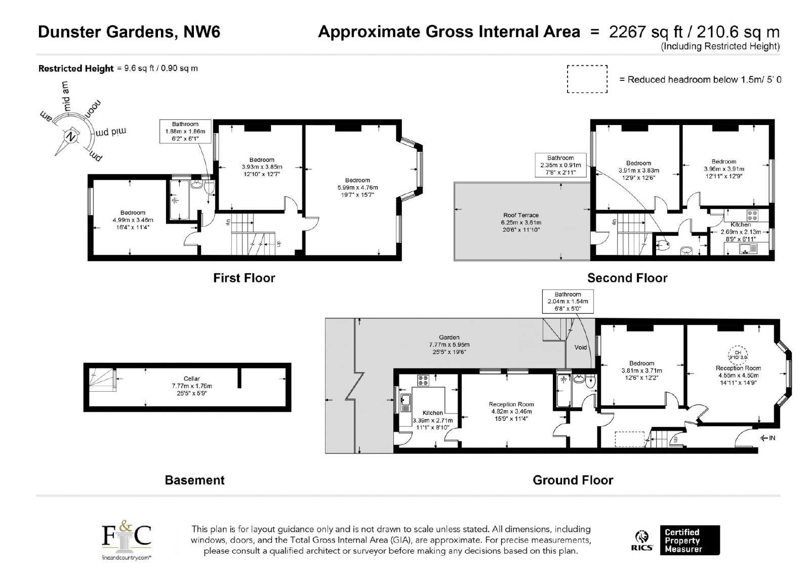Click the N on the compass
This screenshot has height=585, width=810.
click(x=70, y=137)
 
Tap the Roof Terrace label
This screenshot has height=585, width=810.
click(x=521, y=215)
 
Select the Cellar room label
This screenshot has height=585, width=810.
click(x=192, y=379)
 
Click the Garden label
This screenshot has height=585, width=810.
click(x=449, y=338)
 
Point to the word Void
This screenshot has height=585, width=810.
click(x=580, y=348)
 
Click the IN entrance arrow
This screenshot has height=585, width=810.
click(x=768, y=438)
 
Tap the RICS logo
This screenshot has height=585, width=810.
click(x=642, y=541)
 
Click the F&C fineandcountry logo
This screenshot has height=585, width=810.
click(x=126, y=540)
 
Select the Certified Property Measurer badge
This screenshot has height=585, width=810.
click(x=690, y=540)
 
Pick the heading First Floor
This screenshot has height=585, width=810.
click(x=244, y=278)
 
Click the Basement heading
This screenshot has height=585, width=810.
click(x=194, y=480)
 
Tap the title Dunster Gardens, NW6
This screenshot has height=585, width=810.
click(x=129, y=32)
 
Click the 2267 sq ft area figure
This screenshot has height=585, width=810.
click(x=645, y=32)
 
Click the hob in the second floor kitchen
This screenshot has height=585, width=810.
click(x=752, y=216)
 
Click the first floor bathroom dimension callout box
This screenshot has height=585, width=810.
click(x=185, y=132)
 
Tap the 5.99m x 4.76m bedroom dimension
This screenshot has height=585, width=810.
click(x=357, y=188)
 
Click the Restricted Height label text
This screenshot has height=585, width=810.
click(x=76, y=68)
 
